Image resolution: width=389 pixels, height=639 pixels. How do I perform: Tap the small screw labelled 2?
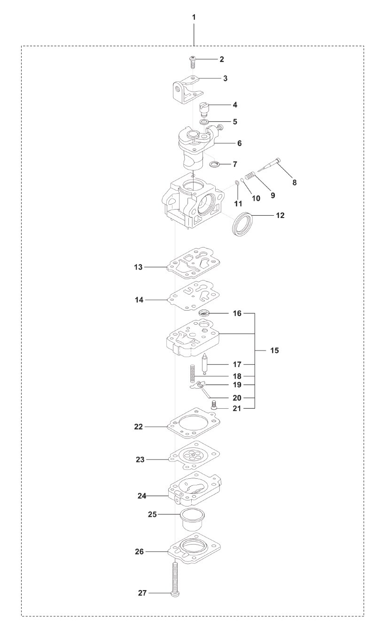[x=192, y=62]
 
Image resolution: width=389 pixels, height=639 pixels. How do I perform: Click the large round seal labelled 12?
[x=244, y=224]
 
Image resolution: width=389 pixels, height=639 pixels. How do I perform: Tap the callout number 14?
[x=139, y=299]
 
